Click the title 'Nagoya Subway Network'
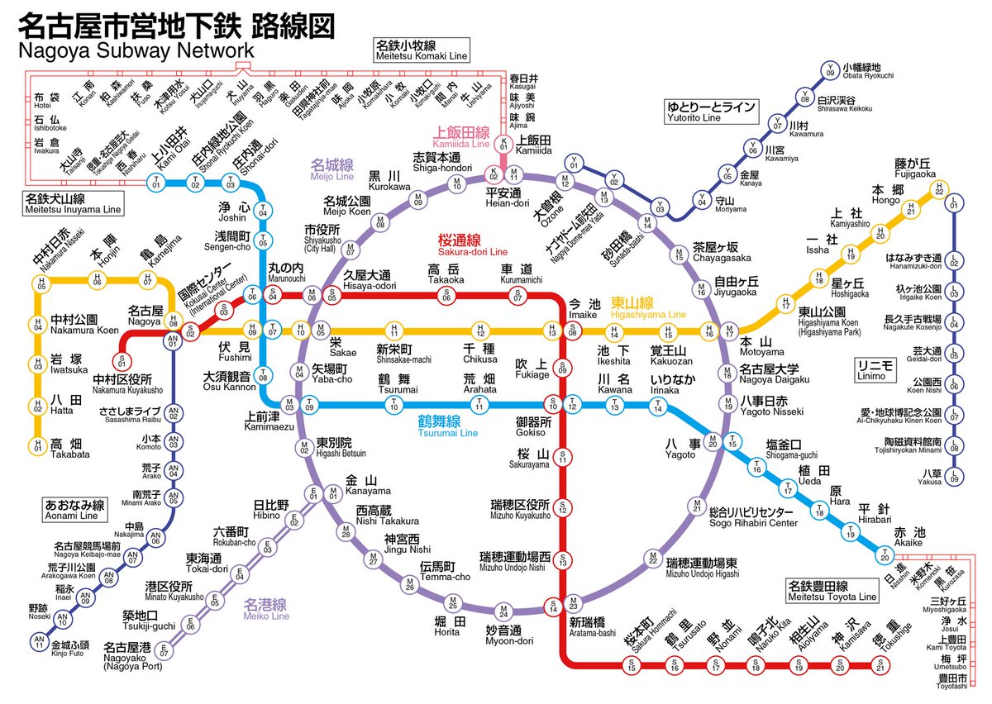tap(136, 52)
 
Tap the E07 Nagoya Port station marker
tap(164, 650)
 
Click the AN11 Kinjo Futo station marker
tap(39, 640)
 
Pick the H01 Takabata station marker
tap(37, 446)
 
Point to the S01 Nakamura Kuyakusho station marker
tap(122, 361)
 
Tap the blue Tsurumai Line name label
tap(447, 426)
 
